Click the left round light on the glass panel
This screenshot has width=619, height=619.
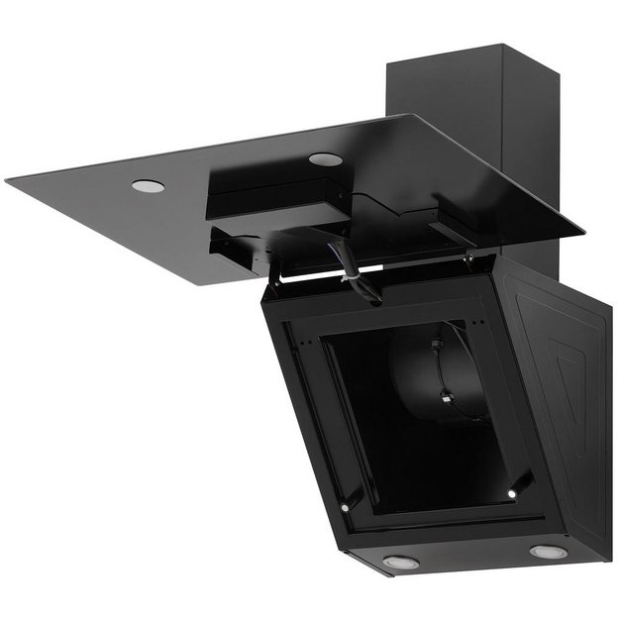(x=148, y=185)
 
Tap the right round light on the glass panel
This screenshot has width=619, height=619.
(x=324, y=158)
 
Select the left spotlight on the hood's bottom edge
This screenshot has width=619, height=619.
(x=400, y=562)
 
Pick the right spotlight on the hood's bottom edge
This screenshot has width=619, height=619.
(x=548, y=551)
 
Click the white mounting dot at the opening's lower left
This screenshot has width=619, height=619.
(x=345, y=506)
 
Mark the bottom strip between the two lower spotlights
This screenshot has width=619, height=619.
(x=473, y=557)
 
